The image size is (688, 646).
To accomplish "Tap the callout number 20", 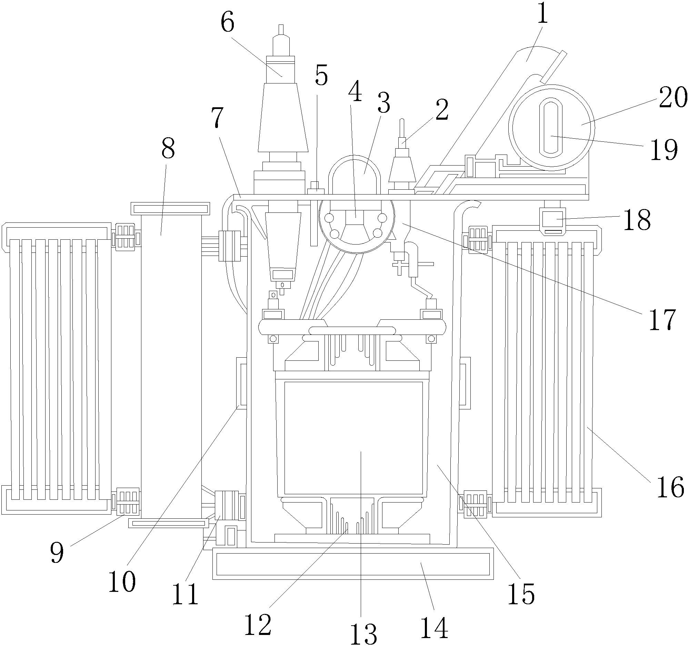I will pyautogui.click(x=673, y=98).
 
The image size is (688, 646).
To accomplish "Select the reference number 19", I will pyautogui.click(x=664, y=150).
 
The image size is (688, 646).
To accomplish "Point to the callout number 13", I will pyautogui.click(x=363, y=633).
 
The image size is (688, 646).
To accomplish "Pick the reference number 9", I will pyautogui.click(x=57, y=552).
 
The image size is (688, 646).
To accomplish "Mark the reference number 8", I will pyautogui.click(x=168, y=148).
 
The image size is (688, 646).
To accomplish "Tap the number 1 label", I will pyautogui.click(x=542, y=14).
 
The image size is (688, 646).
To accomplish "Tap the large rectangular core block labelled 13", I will pyautogui.click(x=353, y=438).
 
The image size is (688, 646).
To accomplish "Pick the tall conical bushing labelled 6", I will pyautogui.click(x=283, y=118).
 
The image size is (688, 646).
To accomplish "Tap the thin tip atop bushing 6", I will pyautogui.click(x=281, y=29).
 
